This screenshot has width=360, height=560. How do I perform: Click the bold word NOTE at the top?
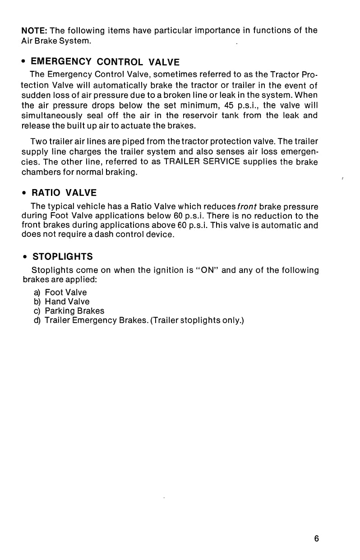(35, 31)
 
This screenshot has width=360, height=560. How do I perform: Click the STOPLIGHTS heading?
(63, 256)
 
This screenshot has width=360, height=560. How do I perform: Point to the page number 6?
(317, 538)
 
